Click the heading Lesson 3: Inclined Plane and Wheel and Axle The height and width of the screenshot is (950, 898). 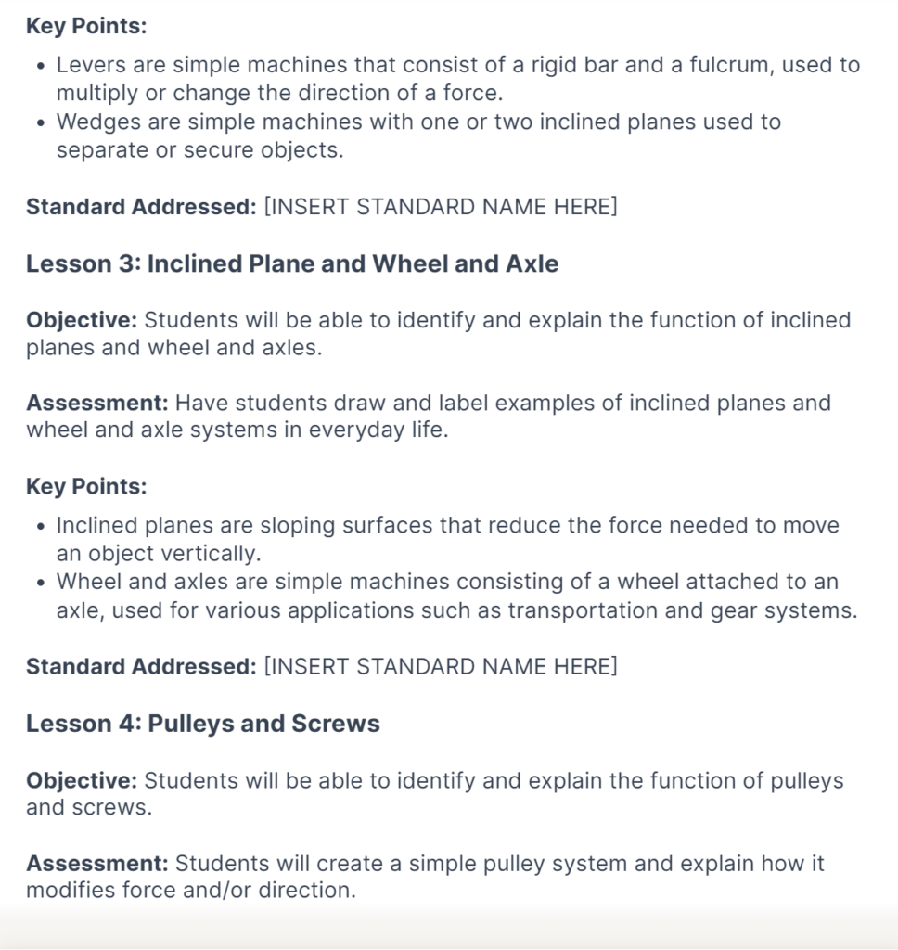click(x=292, y=264)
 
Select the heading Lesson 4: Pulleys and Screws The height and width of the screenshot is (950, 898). click(x=203, y=725)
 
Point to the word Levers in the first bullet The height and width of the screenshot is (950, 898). click(x=87, y=65)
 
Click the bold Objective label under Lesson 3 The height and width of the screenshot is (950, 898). click(x=82, y=320)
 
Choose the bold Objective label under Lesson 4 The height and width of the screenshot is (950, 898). click(x=82, y=780)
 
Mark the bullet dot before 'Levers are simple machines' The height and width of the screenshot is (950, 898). click(x=40, y=67)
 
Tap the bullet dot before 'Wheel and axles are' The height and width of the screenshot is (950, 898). click(x=40, y=584)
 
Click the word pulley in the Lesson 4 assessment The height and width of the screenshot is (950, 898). click(x=520, y=864)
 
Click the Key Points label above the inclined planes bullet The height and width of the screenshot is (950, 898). click(x=86, y=487)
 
